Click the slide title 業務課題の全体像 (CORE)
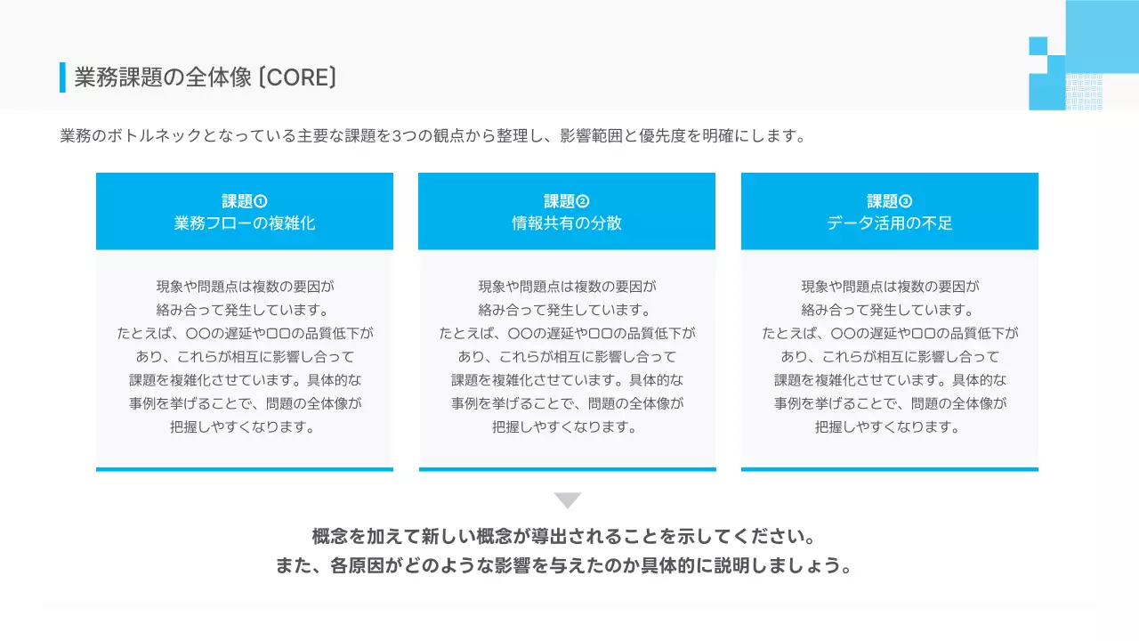[206, 77]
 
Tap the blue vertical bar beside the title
[62, 77]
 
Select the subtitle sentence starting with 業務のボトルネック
[433, 136]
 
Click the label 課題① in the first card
[245, 201]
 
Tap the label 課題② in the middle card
[567, 201]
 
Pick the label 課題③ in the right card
[890, 201]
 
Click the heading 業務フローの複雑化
[245, 223]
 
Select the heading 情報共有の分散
[567, 223]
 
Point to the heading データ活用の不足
[890, 223]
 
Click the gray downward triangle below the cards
[568, 500]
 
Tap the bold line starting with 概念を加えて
[564, 538]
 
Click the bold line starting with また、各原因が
[564, 566]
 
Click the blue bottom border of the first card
[245, 469]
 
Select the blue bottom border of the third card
[890, 469]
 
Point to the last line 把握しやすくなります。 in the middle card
[567, 426]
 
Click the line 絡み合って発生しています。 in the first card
[245, 310]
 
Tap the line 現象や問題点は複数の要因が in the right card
[890, 287]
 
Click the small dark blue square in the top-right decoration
[1038, 45]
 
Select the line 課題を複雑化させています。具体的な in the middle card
[567, 380]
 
